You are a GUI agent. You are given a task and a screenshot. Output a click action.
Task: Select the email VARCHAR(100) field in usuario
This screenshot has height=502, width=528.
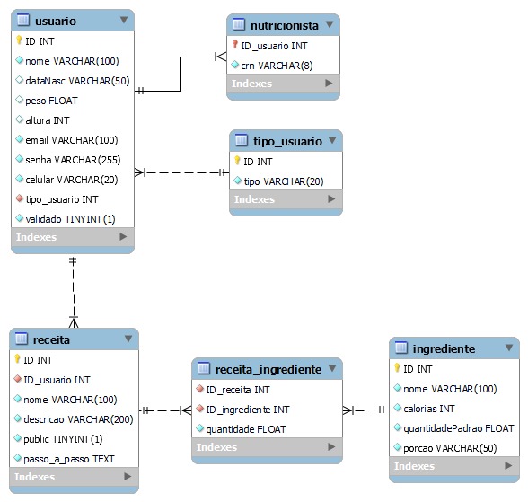pos(71,140)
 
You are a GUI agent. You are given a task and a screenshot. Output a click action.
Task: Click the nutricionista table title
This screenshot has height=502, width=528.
pos(285,25)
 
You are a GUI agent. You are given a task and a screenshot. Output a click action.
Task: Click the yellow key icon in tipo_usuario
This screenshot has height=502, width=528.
pos(238,162)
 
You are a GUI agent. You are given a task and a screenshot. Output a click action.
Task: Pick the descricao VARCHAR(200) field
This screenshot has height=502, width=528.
pos(78,419)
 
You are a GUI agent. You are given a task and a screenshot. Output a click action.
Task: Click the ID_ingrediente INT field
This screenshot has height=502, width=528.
pos(248,410)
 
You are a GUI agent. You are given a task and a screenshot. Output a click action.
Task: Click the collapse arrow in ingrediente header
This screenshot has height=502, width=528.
pos(507,348)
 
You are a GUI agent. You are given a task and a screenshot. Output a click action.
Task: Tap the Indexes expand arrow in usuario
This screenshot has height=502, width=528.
pos(124,237)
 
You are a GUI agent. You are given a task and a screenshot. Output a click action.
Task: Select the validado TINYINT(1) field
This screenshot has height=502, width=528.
pos(70,219)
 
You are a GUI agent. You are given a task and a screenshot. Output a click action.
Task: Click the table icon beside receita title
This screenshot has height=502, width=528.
pos(22,340)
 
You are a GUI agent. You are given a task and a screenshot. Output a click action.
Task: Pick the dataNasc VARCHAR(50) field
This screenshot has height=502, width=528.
pos(77,81)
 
